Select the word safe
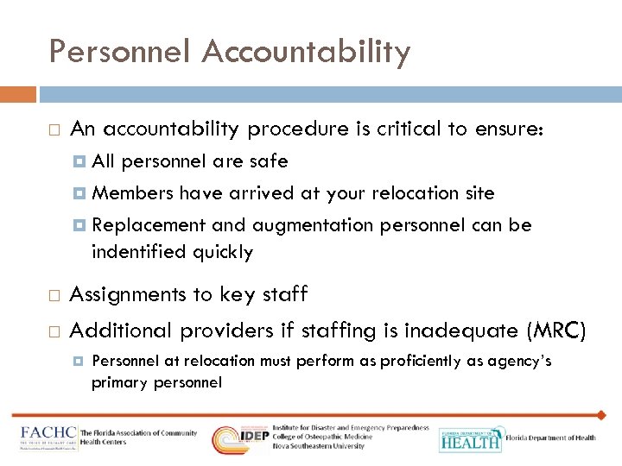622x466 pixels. pos(269,161)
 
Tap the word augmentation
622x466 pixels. pos(310,225)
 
